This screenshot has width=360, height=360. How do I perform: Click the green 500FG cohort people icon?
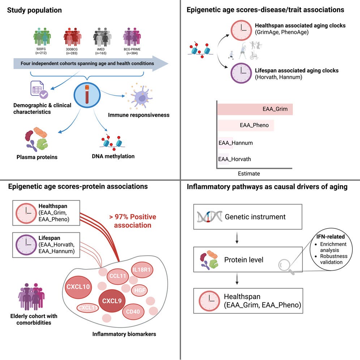[x=42, y=37]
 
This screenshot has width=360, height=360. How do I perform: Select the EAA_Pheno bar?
[x=245, y=126]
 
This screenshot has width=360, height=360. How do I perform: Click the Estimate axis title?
[x=249, y=173]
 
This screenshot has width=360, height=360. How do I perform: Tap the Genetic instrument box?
[x=248, y=217]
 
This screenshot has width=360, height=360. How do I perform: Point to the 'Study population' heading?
[x=35, y=10]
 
